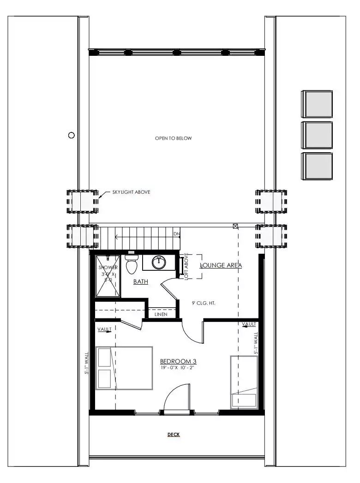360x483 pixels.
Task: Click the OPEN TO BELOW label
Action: coord(173,138)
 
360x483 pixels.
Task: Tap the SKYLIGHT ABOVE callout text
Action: coord(131,192)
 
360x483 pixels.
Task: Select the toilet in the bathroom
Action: coord(131,264)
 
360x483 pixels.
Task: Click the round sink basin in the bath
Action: coord(159,262)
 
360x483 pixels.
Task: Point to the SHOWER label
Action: coord(108,268)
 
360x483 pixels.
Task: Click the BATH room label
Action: coord(141,281)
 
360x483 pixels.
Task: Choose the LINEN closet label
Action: coord(161,314)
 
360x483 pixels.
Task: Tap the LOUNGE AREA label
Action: coord(221,266)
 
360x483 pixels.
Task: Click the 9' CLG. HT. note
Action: coord(204,303)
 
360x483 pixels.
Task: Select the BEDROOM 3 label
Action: coord(178,361)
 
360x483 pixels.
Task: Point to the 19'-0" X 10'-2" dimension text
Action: coord(177,368)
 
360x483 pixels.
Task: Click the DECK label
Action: coord(174,435)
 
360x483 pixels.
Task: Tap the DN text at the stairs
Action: coord(177,234)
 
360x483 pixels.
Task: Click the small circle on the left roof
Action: coord(71,135)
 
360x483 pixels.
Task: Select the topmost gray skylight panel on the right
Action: coord(317,104)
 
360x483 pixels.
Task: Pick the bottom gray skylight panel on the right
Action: coord(317,166)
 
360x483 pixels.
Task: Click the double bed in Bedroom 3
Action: coord(125,369)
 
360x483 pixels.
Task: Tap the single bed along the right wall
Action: coord(244,382)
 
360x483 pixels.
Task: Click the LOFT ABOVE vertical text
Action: coord(186,267)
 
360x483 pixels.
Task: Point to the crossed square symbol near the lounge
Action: coord(235,227)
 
